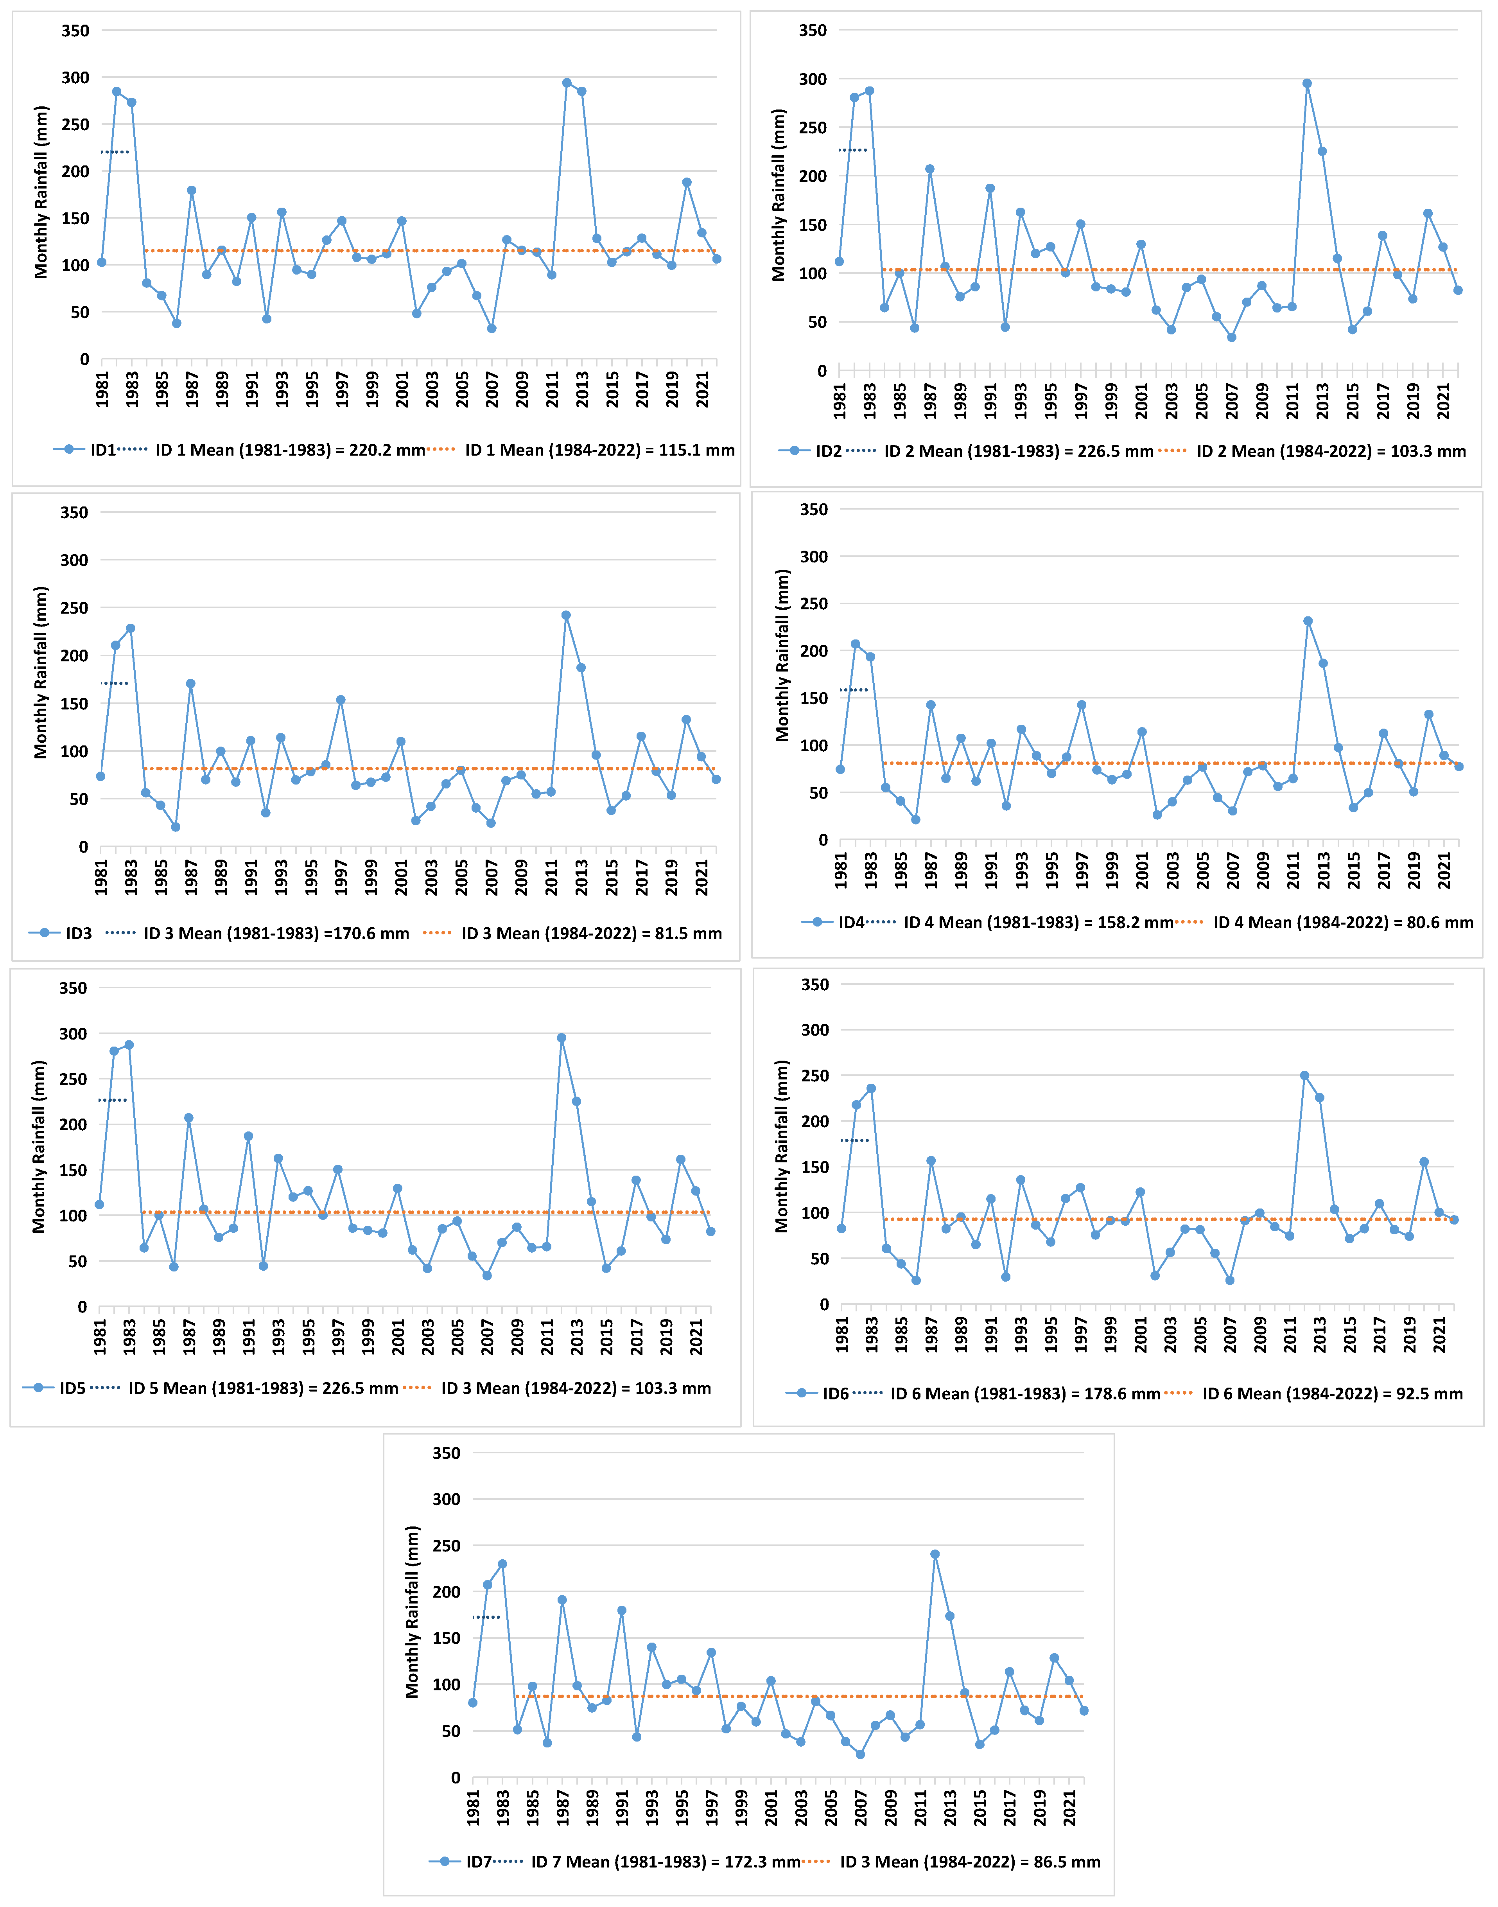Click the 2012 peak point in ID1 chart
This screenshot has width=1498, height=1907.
pyautogui.click(x=567, y=83)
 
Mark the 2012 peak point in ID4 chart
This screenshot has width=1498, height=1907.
pyautogui.click(x=1308, y=621)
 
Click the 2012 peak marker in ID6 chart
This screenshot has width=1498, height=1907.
pyautogui.click(x=1304, y=1076)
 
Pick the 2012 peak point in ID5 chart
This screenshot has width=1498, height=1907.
pyautogui.click(x=562, y=1038)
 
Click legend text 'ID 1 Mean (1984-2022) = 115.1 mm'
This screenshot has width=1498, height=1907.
pyautogui.click(x=600, y=450)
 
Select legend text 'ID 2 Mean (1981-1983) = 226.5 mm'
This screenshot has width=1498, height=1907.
pyautogui.click(x=1018, y=451)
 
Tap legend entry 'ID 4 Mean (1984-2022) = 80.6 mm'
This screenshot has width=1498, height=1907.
pyautogui.click(x=1343, y=922)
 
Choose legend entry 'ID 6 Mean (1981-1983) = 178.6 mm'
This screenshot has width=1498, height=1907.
pyautogui.click(x=1024, y=1394)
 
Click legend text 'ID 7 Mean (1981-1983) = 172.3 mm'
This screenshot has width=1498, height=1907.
pyautogui.click(x=665, y=1861)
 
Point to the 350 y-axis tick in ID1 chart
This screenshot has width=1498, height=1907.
pyautogui.click(x=75, y=31)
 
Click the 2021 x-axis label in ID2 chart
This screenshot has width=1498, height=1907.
pyautogui.click(x=1444, y=399)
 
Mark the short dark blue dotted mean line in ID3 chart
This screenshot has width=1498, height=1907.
pyautogui.click(x=115, y=683)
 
